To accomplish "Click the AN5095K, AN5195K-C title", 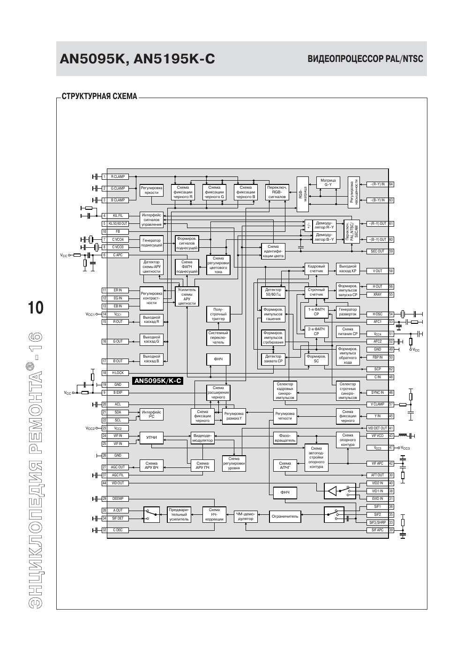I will [137, 59].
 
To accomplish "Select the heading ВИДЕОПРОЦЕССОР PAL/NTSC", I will [365, 59].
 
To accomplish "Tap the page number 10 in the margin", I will [36, 308].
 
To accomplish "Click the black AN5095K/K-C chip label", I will [157, 381].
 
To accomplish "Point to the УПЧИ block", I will [151, 438].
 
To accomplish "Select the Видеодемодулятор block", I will [203, 438].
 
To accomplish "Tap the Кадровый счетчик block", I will [316, 268].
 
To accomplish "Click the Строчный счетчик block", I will [316, 292].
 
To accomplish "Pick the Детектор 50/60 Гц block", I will [273, 292].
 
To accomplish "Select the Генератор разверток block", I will [348, 312].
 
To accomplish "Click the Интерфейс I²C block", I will [151, 414].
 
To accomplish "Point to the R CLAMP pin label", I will [118, 177].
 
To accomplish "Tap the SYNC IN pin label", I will [377, 392].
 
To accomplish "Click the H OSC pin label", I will [377, 314].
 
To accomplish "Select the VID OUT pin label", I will [118, 483].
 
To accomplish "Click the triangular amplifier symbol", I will [332, 491].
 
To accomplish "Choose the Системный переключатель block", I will [218, 337].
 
